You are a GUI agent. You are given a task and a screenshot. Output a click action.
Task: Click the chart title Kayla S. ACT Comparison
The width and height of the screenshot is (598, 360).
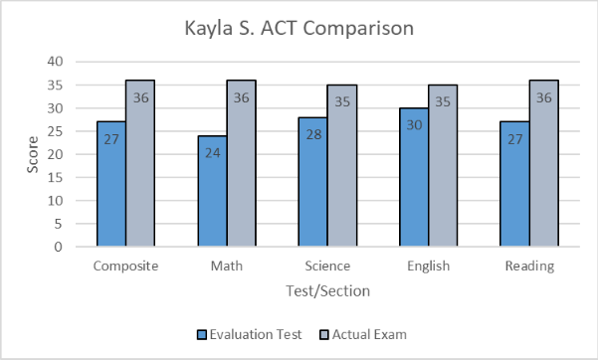299,28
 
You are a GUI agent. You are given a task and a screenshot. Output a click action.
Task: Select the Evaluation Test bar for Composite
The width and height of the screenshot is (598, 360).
111,184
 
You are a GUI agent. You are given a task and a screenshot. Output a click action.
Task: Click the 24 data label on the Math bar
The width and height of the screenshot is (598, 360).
212,154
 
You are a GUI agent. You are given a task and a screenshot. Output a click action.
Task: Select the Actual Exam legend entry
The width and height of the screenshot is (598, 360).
363,335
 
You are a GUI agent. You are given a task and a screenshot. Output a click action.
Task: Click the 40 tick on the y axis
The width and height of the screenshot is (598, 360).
56,62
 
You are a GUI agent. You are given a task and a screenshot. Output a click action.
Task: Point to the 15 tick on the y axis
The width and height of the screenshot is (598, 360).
56,177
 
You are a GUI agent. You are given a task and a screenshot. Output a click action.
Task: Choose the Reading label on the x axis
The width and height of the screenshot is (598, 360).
529,267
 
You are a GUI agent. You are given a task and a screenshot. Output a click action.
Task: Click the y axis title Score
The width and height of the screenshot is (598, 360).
32,154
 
